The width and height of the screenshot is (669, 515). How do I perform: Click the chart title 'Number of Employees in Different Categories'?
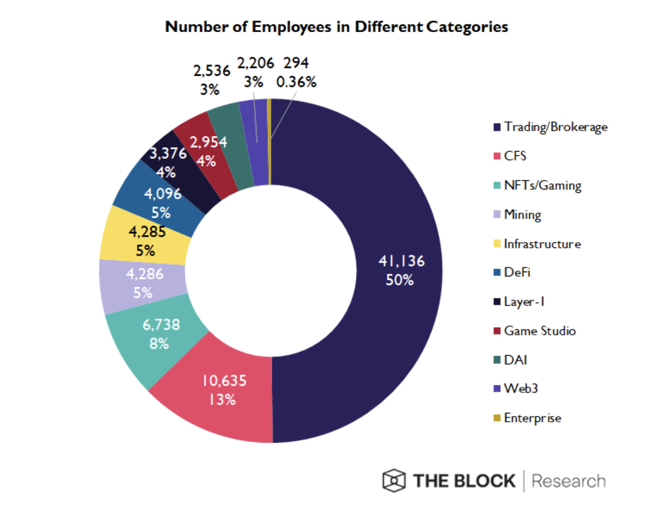[336, 27]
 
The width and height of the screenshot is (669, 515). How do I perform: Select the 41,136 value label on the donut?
[401, 261]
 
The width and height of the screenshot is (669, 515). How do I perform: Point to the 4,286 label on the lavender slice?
[145, 274]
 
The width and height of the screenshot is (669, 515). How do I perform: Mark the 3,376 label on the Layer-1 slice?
[168, 154]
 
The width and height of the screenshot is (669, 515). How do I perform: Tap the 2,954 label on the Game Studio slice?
[208, 142]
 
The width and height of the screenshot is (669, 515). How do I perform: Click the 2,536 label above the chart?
[212, 71]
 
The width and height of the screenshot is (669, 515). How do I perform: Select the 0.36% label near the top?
[296, 82]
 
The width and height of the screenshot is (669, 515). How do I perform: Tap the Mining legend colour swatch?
[497, 214]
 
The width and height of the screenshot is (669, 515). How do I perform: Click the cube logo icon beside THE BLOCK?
[394, 481]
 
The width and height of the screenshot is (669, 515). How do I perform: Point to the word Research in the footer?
[569, 481]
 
